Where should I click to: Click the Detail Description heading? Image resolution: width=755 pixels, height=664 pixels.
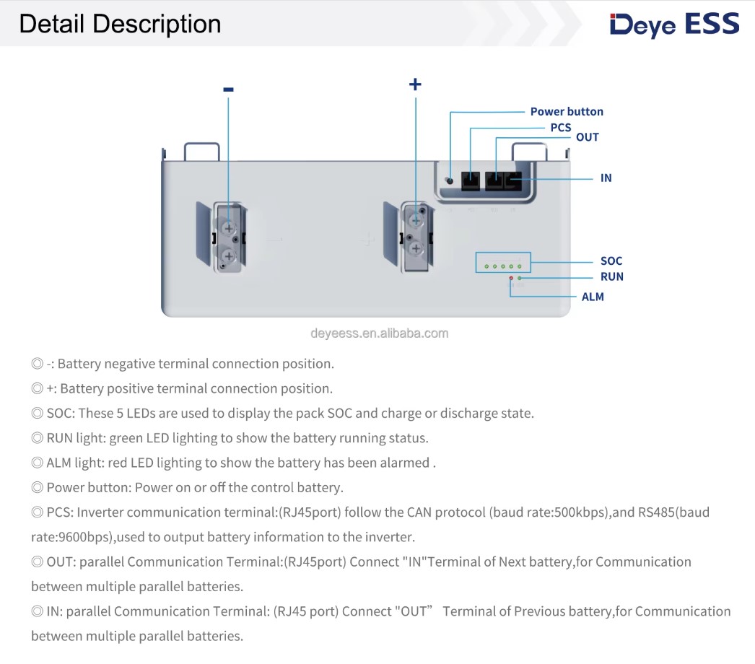point(120,24)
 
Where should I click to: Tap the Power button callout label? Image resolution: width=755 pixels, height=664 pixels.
point(567,111)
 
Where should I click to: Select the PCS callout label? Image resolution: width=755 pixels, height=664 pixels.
point(561,127)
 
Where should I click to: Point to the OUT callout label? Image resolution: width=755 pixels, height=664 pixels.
point(588,137)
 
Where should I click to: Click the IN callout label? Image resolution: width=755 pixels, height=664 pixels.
point(606,178)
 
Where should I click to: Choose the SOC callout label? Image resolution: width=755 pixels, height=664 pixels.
point(611,261)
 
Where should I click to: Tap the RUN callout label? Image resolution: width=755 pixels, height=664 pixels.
point(611,276)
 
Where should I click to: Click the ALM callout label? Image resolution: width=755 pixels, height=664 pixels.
point(593,297)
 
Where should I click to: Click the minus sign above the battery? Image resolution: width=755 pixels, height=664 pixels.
point(228,89)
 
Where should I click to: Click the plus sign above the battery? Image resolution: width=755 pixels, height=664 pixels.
point(415,84)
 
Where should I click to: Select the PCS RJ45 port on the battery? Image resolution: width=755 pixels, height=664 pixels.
point(471,180)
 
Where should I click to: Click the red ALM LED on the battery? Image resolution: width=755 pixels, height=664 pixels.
point(511,278)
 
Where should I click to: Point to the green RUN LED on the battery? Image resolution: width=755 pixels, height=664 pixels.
point(520,278)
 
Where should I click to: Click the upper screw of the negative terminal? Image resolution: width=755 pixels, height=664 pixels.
point(229,227)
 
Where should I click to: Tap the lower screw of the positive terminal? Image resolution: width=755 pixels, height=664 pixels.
point(416,248)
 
